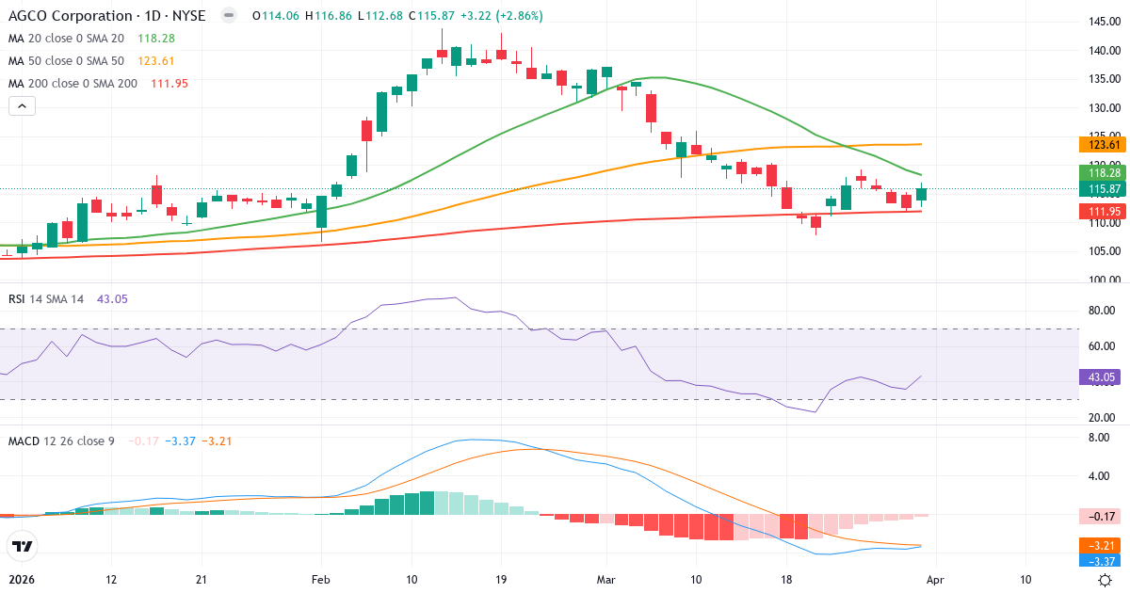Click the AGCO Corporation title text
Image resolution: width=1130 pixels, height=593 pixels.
pos(72,16)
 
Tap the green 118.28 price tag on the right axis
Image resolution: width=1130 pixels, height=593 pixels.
pos(1103,173)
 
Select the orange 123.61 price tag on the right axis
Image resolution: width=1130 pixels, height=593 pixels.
pos(1103,144)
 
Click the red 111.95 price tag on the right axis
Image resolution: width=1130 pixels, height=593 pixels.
pos(1103,211)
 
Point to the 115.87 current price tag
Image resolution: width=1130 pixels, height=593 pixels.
pos(1103,189)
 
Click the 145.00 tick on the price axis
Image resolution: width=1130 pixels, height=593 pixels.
pos(1103,22)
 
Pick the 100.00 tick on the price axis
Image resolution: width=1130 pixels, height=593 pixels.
pos(1103,280)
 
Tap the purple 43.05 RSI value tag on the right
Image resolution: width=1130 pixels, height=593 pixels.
pos(1103,377)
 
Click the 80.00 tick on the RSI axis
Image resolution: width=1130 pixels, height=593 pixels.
pos(1103,311)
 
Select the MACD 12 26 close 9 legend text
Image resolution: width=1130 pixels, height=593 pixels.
pos(61,441)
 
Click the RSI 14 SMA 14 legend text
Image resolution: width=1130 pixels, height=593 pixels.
pos(46,298)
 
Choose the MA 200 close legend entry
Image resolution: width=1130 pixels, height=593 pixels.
pos(73,84)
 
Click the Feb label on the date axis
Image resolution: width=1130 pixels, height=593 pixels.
pos(321,579)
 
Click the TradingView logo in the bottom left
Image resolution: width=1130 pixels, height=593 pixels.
pos(23,546)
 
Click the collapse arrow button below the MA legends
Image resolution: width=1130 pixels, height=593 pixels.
pos(22,106)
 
